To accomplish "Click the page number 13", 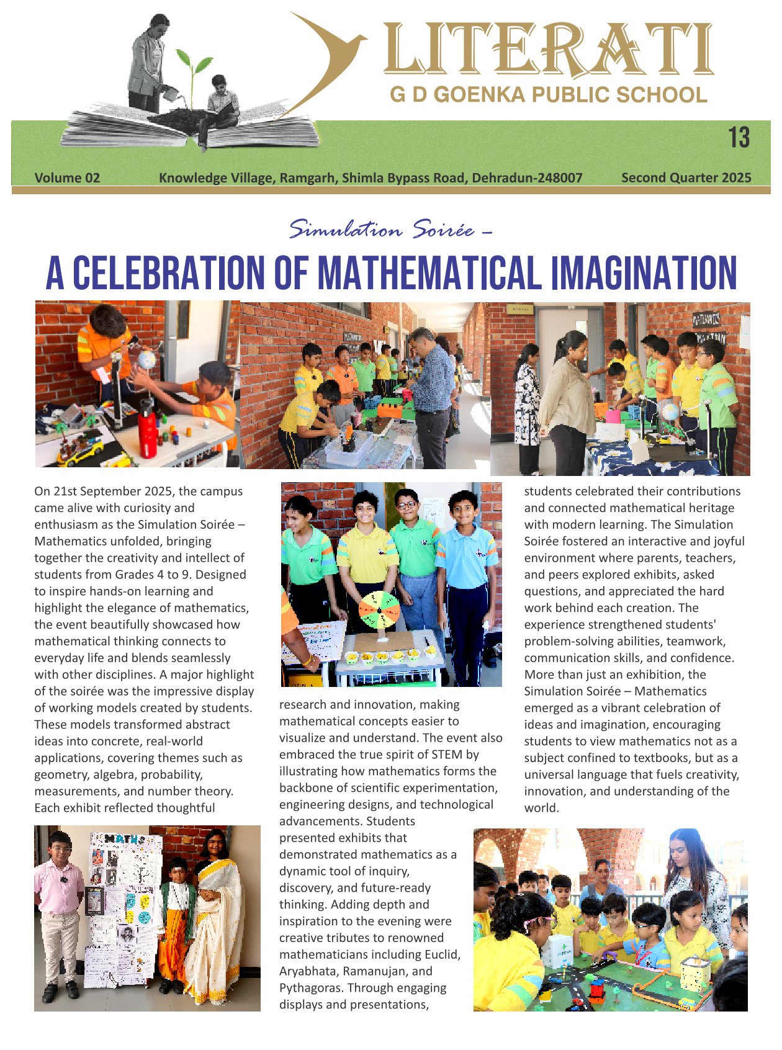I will [x=739, y=138].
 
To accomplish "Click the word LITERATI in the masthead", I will [x=547, y=50].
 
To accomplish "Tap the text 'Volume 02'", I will [x=67, y=178].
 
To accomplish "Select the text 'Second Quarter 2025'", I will [x=686, y=178].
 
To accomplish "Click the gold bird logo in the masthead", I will [x=329, y=56].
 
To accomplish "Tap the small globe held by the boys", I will [x=146, y=360].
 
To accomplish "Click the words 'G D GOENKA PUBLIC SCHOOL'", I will [x=548, y=95].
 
